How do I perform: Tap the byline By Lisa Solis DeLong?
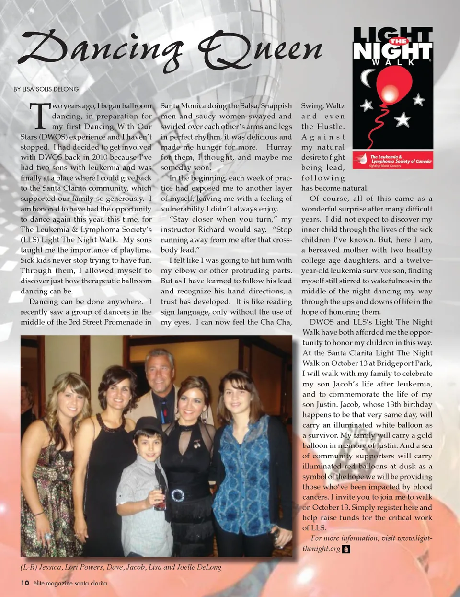(x=46, y=89)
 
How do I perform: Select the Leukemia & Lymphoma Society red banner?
(x=393, y=160)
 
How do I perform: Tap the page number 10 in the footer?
(x=25, y=583)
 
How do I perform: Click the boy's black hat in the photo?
(x=149, y=425)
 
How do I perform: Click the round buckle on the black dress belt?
(x=178, y=495)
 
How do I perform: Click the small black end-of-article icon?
(x=346, y=549)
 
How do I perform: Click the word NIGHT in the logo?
(x=392, y=51)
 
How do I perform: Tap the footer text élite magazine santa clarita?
(x=70, y=583)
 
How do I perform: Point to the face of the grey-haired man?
(x=159, y=372)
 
